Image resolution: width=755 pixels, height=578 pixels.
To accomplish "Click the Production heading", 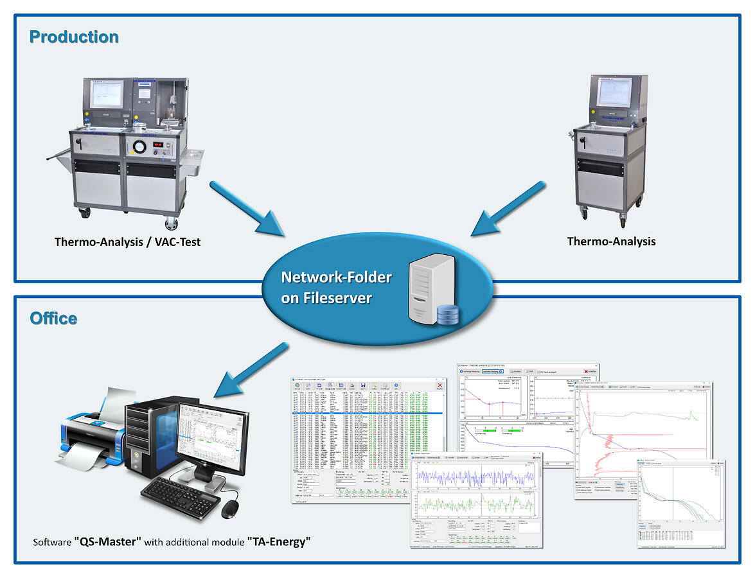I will click(x=74, y=37).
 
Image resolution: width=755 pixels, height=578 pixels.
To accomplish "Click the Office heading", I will click(x=53, y=319).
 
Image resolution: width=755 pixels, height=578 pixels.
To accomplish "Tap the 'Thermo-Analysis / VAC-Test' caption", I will click(x=127, y=242).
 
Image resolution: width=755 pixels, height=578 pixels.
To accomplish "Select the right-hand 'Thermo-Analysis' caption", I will click(x=611, y=241).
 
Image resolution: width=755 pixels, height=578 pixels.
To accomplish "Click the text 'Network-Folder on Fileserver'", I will click(x=336, y=288).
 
